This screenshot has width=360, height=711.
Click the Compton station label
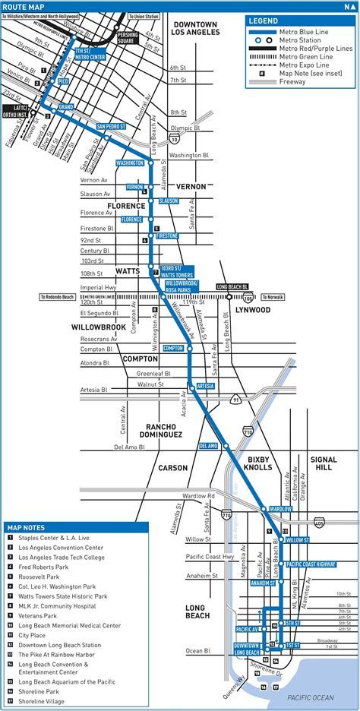coord(173,348)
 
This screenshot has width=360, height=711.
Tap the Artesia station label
coord(205,387)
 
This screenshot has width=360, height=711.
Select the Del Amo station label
coord(209,445)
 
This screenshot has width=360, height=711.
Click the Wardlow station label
coord(279,509)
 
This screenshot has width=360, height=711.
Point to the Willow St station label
coord(297,539)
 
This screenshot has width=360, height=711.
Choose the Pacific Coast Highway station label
coord(310,564)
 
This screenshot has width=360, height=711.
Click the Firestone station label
coord(167,236)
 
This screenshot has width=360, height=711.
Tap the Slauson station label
coord(168,201)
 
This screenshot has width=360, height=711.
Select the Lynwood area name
coord(253,310)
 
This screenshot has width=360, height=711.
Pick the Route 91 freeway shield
coord(237,399)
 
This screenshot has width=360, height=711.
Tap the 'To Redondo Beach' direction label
coord(58,297)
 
